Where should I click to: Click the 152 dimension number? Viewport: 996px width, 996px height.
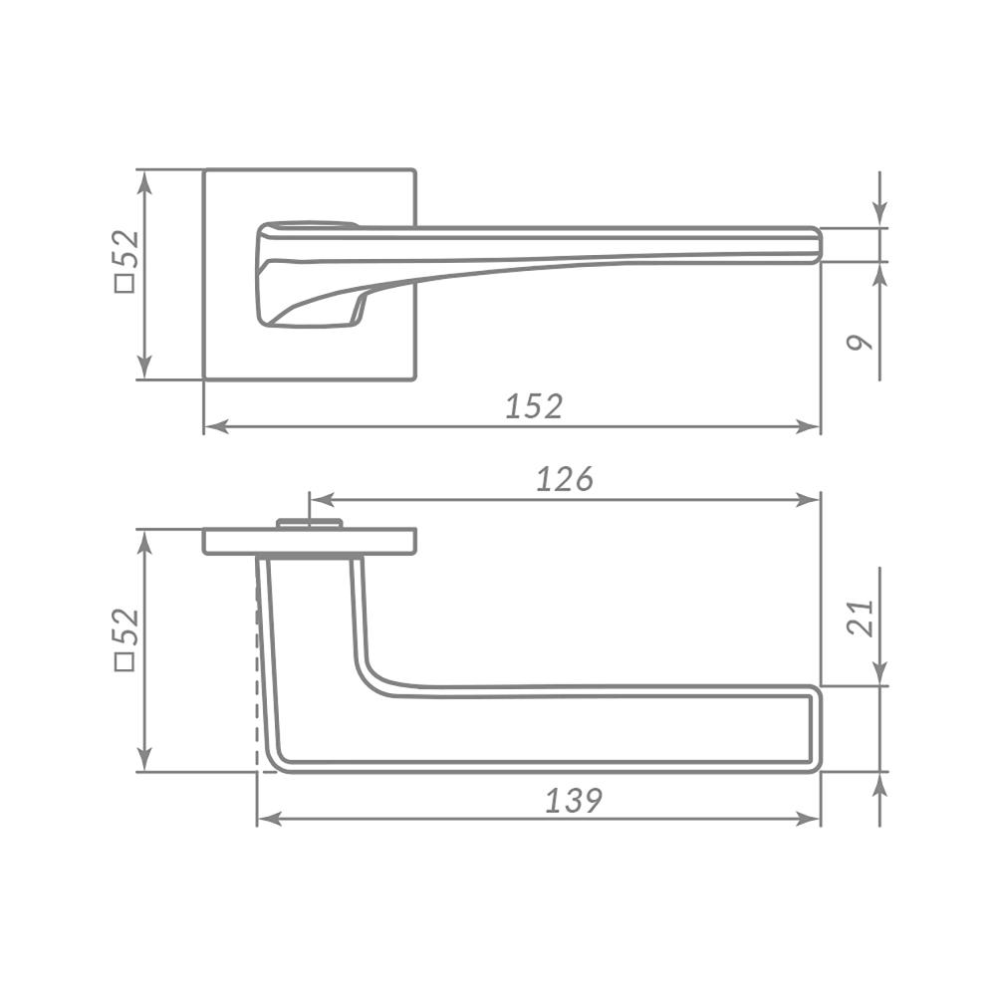click(534, 406)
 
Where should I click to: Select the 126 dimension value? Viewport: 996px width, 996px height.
click(565, 479)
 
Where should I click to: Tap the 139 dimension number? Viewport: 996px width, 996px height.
click(574, 801)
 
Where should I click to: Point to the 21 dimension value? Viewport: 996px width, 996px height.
click(861, 618)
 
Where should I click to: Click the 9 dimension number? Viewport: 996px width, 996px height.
click(861, 343)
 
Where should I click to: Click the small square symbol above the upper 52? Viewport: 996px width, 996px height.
click(125, 283)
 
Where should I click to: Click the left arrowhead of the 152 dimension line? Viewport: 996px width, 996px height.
click(216, 427)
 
